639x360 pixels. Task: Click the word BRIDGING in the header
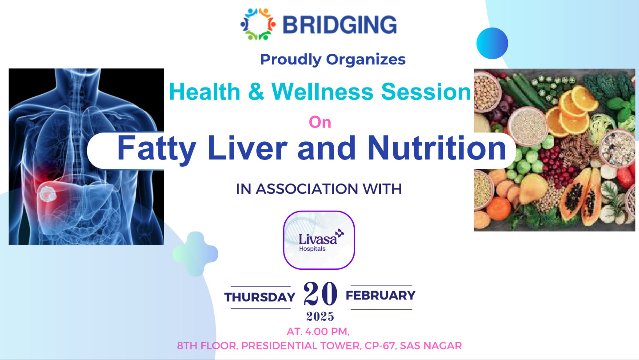coord(339,25)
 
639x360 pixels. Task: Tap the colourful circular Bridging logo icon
coord(258,24)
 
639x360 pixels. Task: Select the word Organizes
coord(366,60)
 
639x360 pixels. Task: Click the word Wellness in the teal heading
coord(322,92)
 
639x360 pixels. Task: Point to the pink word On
coord(320,122)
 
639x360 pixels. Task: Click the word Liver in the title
coord(248,148)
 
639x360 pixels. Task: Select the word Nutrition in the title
coord(437,148)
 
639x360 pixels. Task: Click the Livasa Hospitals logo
coord(319,240)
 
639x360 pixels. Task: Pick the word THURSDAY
coord(260,297)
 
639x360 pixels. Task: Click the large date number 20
coord(320,293)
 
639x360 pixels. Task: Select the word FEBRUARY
coord(380,296)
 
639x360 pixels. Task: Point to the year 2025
coord(320,316)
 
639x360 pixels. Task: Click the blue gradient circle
coord(492,44)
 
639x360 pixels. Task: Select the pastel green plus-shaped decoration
coord(196,254)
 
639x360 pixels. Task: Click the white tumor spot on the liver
coord(48,194)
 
